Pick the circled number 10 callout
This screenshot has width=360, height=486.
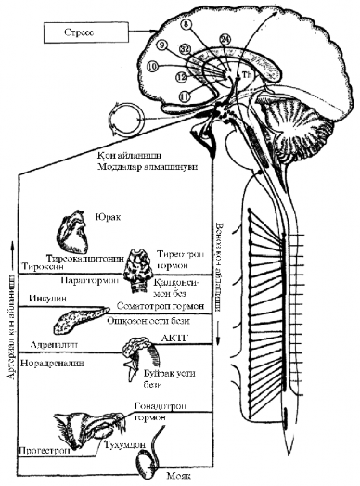point(152,66)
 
